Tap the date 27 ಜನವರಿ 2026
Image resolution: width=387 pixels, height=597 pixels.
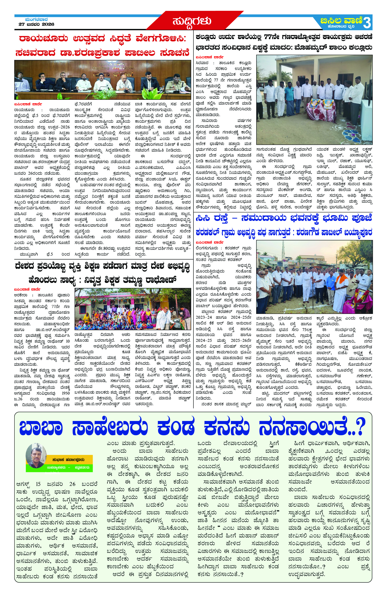click(36, 24)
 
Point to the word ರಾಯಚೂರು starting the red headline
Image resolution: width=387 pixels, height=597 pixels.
click(43, 39)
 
